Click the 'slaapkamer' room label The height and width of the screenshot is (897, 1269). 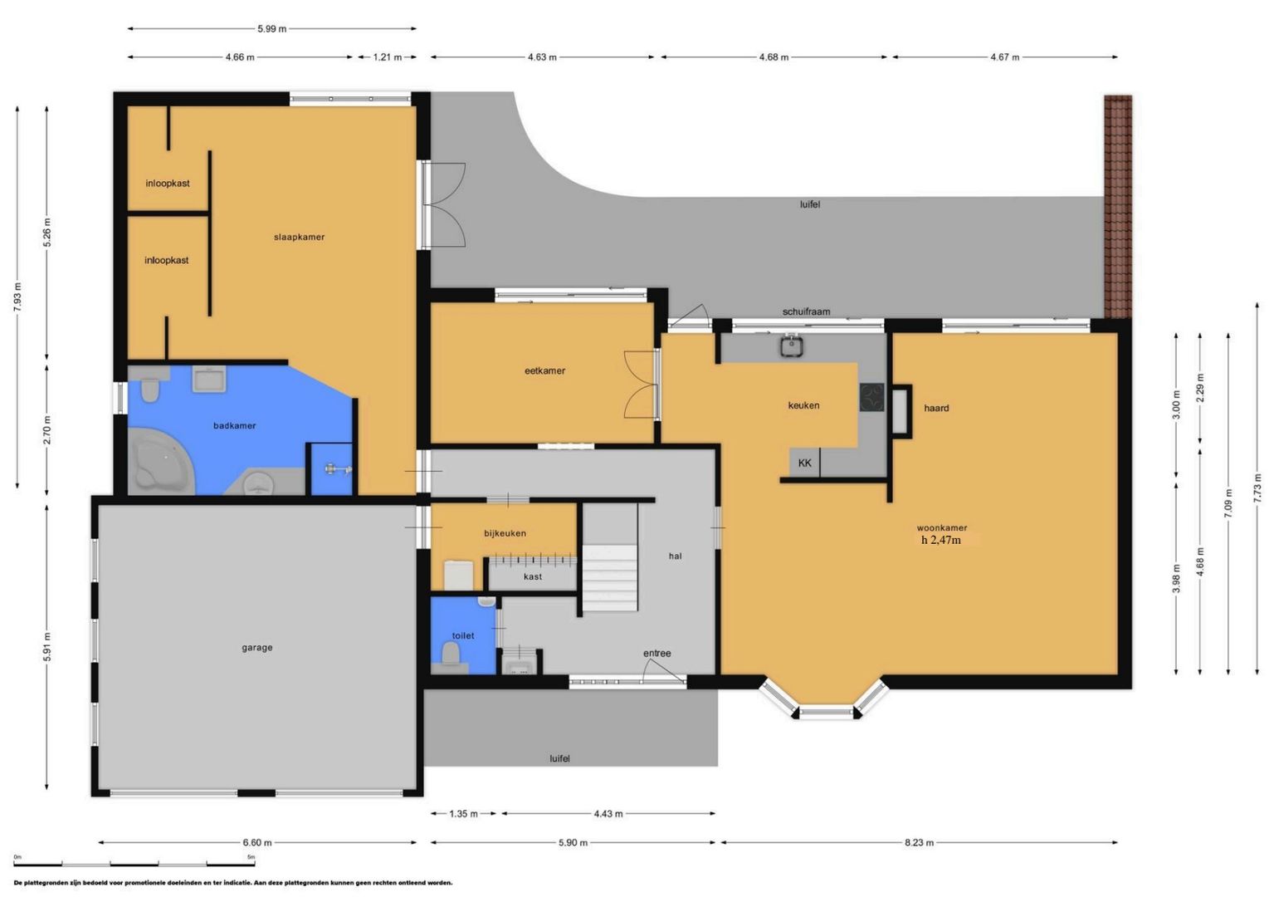[299, 238]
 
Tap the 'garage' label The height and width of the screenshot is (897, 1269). [256, 648]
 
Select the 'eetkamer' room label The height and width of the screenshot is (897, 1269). [544, 371]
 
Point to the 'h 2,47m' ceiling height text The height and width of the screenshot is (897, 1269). [940, 540]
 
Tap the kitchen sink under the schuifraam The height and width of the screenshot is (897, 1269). [791, 345]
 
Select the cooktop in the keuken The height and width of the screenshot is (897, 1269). [871, 397]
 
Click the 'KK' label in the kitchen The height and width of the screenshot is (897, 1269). [804, 463]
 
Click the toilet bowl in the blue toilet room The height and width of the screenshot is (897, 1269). [451, 655]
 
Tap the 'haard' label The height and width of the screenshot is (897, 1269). [936, 409]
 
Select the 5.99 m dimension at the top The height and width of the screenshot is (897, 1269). [271, 29]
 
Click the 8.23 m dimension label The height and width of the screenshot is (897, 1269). [919, 842]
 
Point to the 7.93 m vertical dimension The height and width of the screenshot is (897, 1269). [17, 297]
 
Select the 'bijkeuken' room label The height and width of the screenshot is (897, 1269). [505, 534]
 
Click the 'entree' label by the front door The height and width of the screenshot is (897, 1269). [656, 654]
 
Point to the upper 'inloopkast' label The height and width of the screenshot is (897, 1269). [168, 184]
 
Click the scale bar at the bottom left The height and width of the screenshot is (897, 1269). [134, 864]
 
